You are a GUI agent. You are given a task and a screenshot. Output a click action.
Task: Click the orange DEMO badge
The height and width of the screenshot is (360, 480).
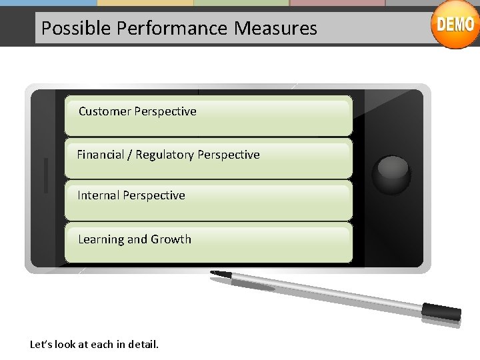pyautogui.click(x=455, y=25)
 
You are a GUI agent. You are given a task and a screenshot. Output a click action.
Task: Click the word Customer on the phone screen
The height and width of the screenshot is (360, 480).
pyautogui.click(x=104, y=111)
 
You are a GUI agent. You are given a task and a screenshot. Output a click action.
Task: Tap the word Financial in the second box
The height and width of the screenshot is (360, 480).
pyautogui.click(x=103, y=155)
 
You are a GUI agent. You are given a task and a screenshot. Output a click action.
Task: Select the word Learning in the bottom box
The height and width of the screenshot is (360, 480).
pyautogui.click(x=101, y=239)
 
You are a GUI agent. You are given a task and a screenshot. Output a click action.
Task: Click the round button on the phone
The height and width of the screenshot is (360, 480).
pyautogui.click(x=391, y=175)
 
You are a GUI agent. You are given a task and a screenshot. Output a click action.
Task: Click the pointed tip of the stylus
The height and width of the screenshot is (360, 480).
pyautogui.click(x=213, y=272)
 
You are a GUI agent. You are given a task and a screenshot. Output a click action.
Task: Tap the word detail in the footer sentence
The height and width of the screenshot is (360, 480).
pyautogui.click(x=142, y=345)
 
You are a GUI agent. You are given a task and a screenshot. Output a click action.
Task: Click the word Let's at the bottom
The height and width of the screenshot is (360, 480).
pyautogui.click(x=41, y=345)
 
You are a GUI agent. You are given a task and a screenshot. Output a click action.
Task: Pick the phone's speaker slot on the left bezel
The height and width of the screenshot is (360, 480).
pyautogui.click(x=46, y=175)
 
